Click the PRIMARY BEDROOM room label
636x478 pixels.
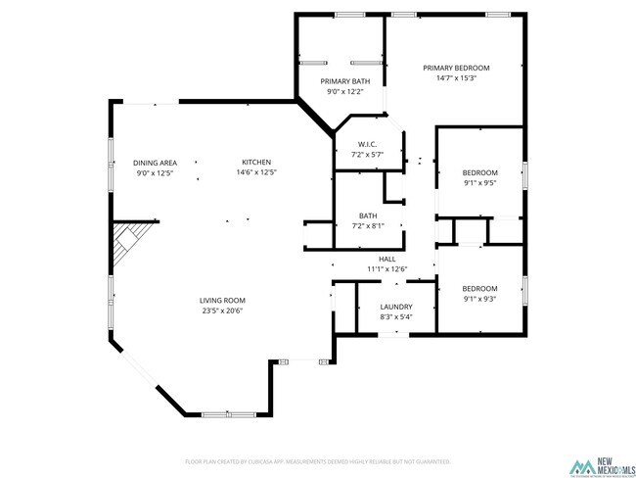pyautogui.click(x=456, y=68)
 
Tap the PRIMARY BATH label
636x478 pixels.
pyautogui.click(x=345, y=80)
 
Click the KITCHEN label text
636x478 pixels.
pyautogui.click(x=256, y=162)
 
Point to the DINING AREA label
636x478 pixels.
pyautogui.click(x=155, y=162)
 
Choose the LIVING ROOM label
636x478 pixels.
pyautogui.click(x=222, y=300)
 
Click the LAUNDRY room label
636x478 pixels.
pyautogui.click(x=395, y=306)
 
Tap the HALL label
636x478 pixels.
pyautogui.click(x=386, y=259)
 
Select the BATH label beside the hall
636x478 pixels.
pyautogui.click(x=368, y=215)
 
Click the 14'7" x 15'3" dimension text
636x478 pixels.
pyautogui.click(x=456, y=78)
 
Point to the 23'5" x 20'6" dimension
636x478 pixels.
pyautogui.click(x=222, y=311)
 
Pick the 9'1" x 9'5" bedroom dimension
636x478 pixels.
pyautogui.click(x=479, y=182)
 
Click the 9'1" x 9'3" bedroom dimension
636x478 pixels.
pyautogui.click(x=479, y=299)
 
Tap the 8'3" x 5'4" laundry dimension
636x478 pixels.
pyautogui.click(x=395, y=316)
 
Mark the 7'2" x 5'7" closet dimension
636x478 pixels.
pyautogui.click(x=368, y=155)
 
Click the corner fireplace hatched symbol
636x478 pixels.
pyautogui.click(x=130, y=243)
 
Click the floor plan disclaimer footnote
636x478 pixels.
pyautogui.click(x=318, y=460)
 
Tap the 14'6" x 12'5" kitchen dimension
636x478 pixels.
pyautogui.click(x=256, y=172)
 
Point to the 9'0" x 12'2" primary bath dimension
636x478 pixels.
pyautogui.click(x=345, y=91)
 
